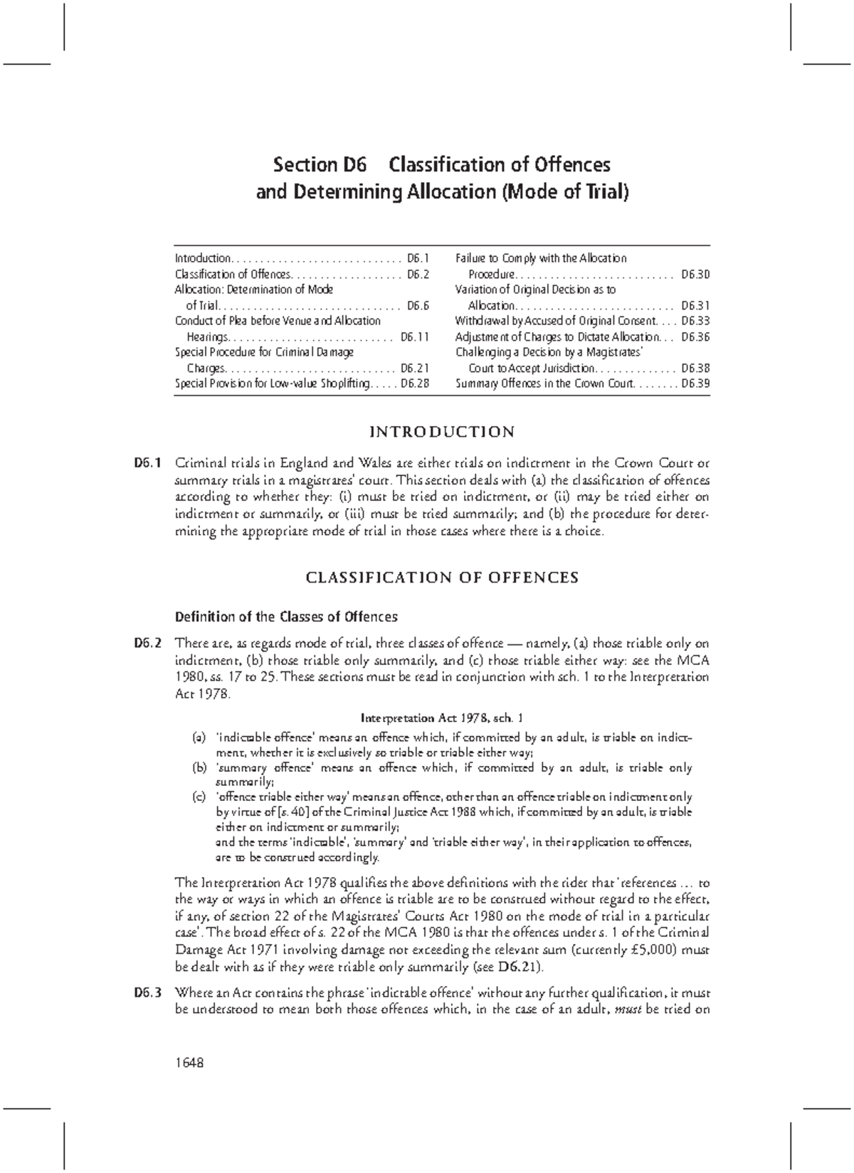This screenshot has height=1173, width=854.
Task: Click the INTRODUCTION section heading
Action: click(x=442, y=432)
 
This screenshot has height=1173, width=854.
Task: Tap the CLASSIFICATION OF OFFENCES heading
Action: click(x=442, y=577)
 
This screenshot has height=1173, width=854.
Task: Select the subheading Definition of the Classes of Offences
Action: click(x=286, y=616)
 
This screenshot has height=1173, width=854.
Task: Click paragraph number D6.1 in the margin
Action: click(x=147, y=463)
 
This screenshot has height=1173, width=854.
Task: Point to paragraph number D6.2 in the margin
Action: click(x=147, y=643)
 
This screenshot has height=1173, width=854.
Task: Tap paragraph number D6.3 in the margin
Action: click(x=147, y=992)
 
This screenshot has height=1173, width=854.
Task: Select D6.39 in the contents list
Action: click(x=695, y=383)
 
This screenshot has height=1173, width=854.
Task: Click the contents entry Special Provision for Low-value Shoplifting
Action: click(x=273, y=383)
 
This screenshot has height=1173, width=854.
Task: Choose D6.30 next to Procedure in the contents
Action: click(x=695, y=274)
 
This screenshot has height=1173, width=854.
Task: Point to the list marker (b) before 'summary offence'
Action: click(x=199, y=768)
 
